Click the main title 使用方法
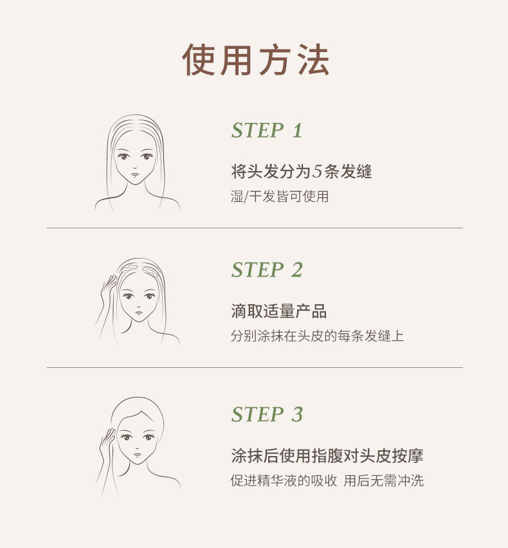tap(255, 60)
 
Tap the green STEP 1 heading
tap(267, 131)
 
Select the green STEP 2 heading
tap(267, 269)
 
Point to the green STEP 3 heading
tap(267, 414)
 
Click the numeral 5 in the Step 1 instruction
tap(317, 171)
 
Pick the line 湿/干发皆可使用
tap(280, 196)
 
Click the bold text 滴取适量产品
tap(279, 311)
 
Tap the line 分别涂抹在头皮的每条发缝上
tap(317, 336)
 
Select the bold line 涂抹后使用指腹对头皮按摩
tap(327, 456)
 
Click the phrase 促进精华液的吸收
tap(284, 480)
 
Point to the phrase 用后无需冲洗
tap(384, 480)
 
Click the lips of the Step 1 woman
tap(135, 174)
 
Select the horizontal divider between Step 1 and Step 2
tap(255, 228)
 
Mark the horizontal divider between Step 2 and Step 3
tap(255, 367)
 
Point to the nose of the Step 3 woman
tap(137, 448)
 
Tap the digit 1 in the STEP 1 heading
tap(297, 131)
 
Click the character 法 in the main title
tap(313, 60)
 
